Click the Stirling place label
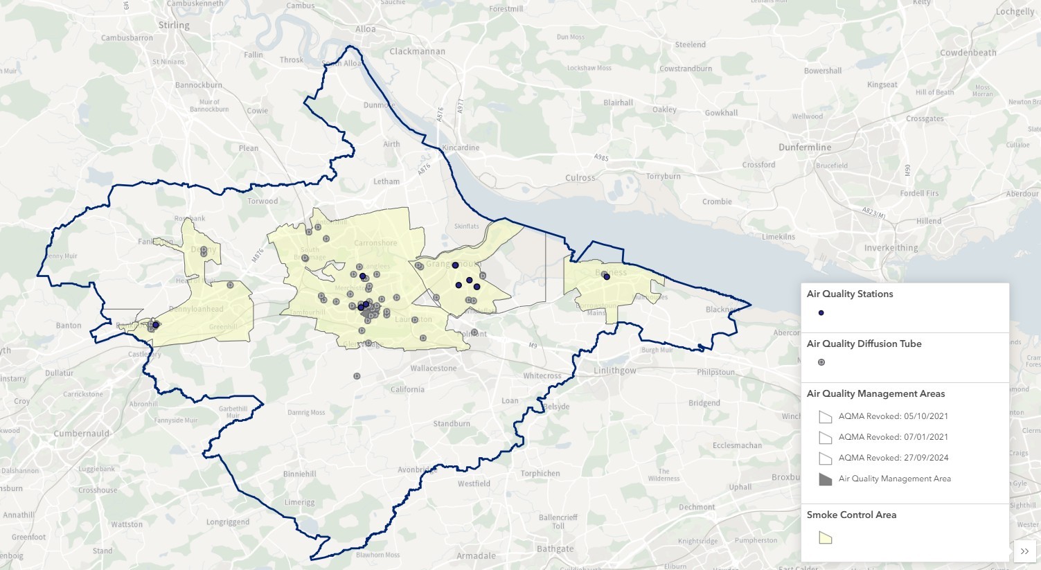(x=173, y=26)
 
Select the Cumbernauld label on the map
(x=81, y=434)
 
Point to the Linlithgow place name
(x=614, y=371)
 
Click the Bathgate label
(x=555, y=549)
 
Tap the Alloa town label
(x=365, y=29)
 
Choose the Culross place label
(x=580, y=178)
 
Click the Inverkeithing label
(x=891, y=248)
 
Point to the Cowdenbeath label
(x=968, y=53)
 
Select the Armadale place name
(x=476, y=555)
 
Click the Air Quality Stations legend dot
(x=821, y=313)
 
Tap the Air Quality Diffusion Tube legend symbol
(x=821, y=362)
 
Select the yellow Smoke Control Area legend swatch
(x=825, y=538)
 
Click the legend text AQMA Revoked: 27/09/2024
(x=893, y=458)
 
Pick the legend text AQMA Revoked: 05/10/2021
(x=893, y=416)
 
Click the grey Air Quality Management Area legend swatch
(x=825, y=479)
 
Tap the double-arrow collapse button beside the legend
(x=1024, y=551)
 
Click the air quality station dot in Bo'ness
(x=606, y=277)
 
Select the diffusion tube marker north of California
(x=357, y=376)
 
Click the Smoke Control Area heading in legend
(x=851, y=515)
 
